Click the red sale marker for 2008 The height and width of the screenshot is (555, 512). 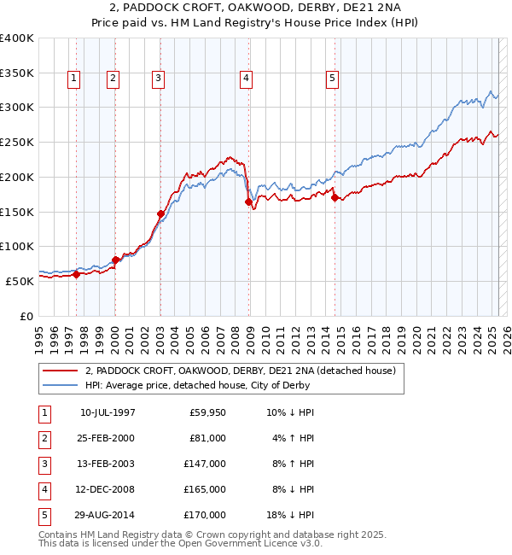point(249,202)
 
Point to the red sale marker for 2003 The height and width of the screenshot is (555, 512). point(160,213)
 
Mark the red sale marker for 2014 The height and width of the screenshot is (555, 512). point(335,198)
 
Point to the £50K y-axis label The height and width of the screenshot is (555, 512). point(20,281)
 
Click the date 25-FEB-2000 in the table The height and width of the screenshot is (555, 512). point(107,438)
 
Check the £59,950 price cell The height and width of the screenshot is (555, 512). point(207,412)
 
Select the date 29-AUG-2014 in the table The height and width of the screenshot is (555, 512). point(107,515)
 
